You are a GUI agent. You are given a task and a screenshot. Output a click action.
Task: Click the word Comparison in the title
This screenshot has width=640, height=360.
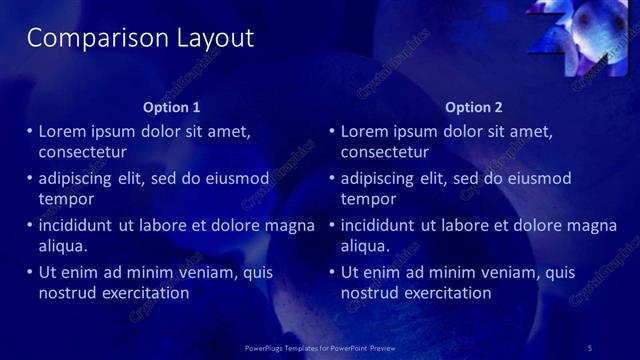[84, 38]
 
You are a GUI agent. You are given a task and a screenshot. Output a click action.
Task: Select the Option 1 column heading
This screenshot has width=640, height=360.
[172, 107]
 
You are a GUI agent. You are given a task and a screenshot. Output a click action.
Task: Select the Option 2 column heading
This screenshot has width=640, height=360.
[474, 107]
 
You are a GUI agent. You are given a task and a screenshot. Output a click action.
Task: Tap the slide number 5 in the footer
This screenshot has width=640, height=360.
[590, 347]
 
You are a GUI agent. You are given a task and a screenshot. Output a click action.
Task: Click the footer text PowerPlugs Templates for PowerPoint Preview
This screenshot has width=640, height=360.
[320, 347]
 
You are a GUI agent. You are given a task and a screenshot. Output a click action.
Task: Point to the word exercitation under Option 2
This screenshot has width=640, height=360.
[444, 294]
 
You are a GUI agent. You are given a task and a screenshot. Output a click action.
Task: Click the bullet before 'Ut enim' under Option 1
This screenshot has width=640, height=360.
[29, 272]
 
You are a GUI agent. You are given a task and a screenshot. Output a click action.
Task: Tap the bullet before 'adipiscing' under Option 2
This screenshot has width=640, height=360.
[332, 178]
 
